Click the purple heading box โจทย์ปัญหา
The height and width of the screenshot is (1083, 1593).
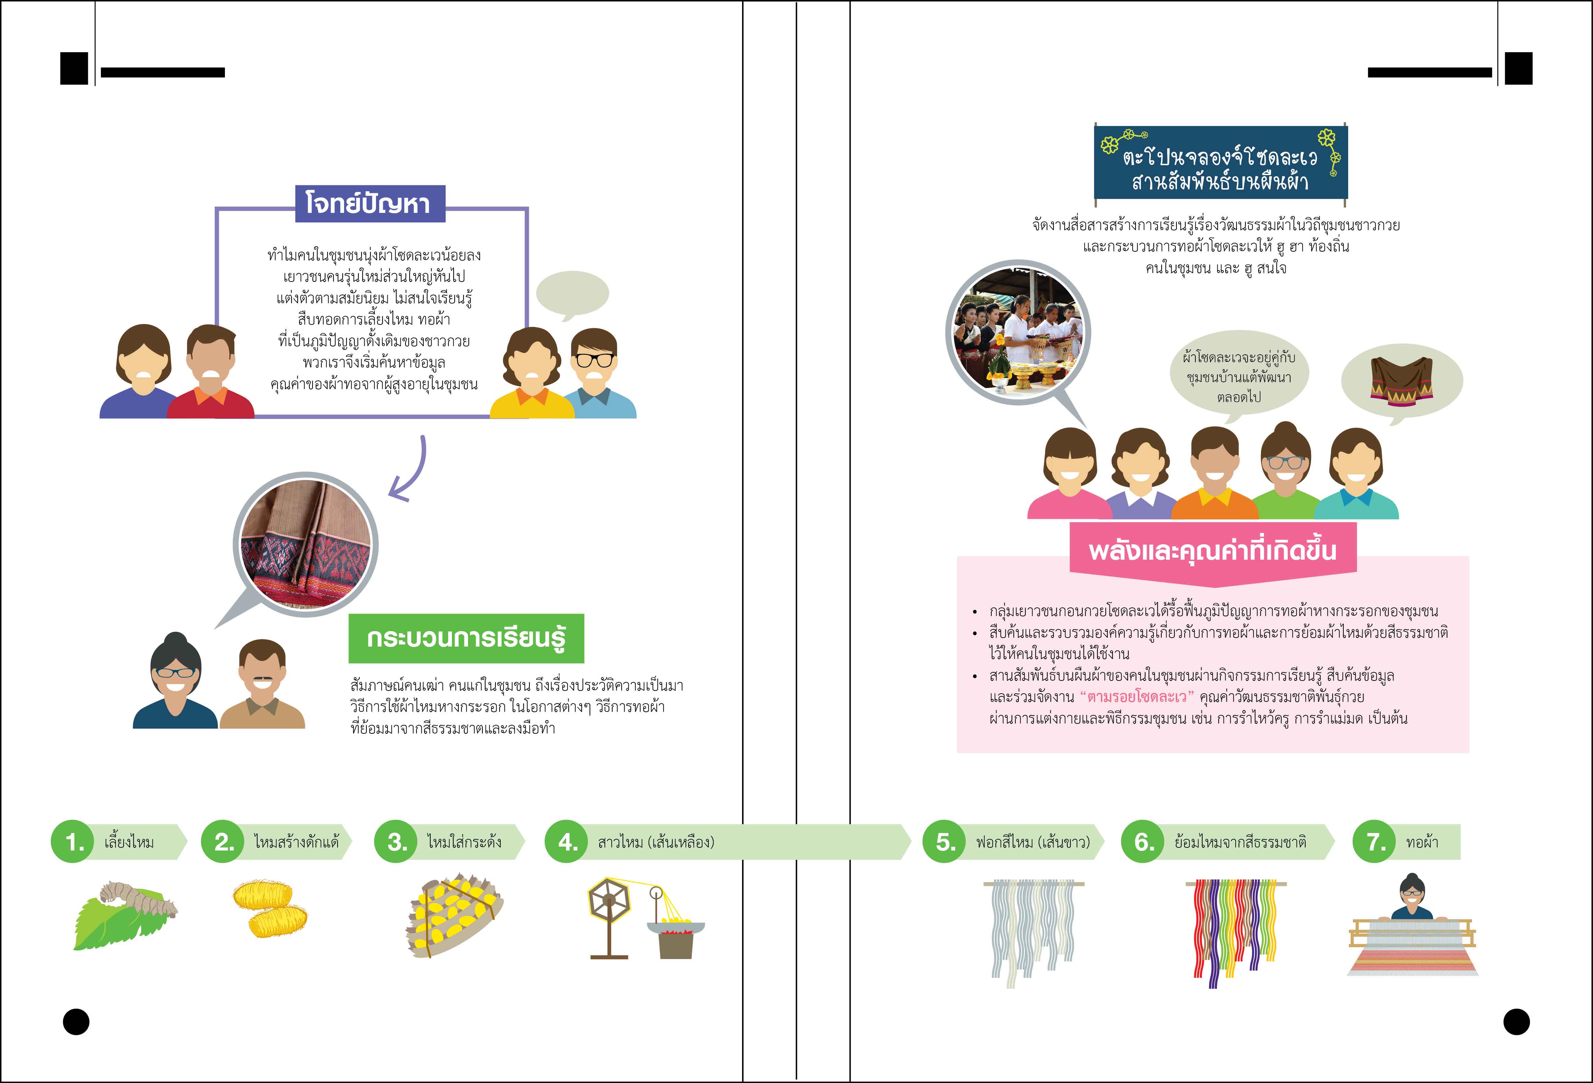(x=370, y=204)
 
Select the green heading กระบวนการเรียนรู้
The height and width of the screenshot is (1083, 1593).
(x=466, y=638)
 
